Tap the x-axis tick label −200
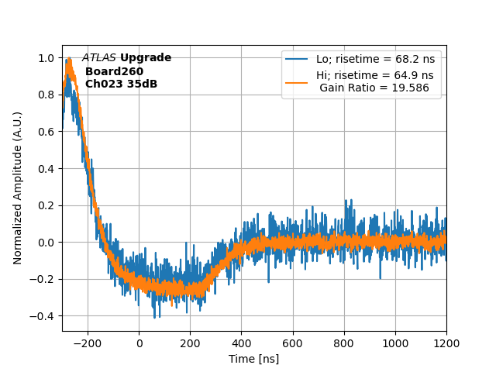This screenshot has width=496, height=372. pos(88,343)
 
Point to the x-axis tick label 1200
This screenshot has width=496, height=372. pos(446,343)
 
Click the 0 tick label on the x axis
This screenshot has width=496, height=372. pos(139,343)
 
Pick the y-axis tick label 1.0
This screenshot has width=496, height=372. pos(46,58)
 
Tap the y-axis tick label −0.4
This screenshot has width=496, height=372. pos(43,316)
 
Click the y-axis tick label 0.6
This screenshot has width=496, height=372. pos(46,132)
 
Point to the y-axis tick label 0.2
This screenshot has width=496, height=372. pos(46,205)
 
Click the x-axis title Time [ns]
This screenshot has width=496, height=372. pos(253,359)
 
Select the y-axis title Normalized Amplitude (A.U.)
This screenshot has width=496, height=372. pos(18,188)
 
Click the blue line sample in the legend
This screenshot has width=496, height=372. pos(297,59)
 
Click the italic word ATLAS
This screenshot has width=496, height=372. pos(99,58)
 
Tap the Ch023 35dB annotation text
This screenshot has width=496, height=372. pos(121,84)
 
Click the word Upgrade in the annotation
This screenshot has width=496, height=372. pos(146,58)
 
